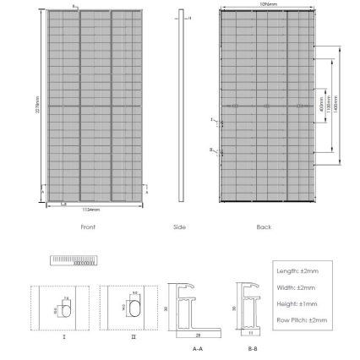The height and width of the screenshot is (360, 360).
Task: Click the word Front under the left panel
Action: (88, 226)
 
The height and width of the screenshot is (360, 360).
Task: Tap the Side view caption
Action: (179, 226)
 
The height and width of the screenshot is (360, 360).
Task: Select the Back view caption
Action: (264, 226)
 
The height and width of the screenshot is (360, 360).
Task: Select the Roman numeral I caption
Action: (64, 335)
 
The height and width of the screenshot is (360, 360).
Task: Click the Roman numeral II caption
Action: (134, 335)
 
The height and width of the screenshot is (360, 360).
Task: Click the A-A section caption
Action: (198, 347)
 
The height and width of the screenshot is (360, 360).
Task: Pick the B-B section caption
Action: (253, 347)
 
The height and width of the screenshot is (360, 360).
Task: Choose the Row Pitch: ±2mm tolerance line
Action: (302, 320)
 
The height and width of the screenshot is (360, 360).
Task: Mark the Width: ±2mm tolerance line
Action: (295, 287)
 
